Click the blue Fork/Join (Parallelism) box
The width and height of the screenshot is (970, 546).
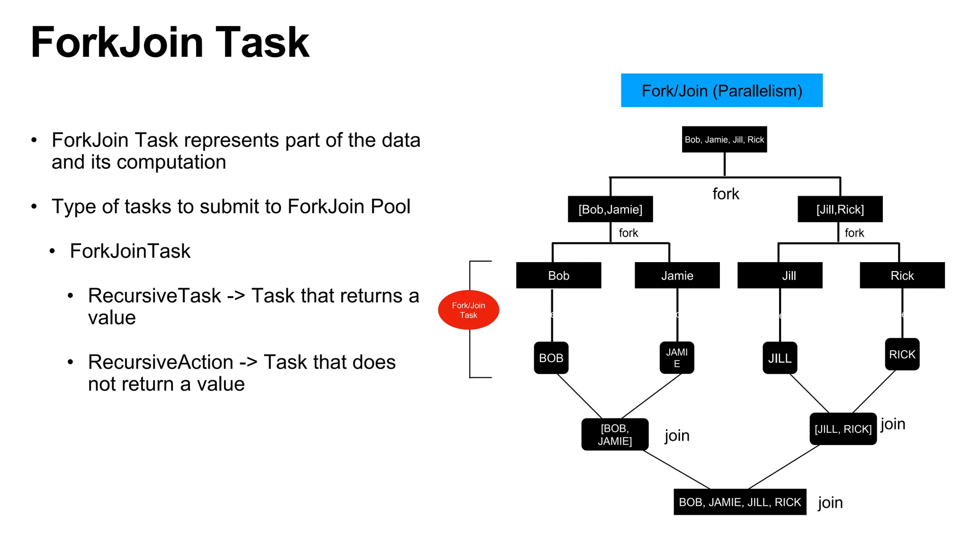click(x=721, y=90)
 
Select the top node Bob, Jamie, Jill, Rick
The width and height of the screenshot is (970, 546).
click(x=724, y=139)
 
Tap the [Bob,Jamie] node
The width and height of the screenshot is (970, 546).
click(x=610, y=209)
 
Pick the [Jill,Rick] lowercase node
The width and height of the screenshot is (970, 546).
click(x=840, y=209)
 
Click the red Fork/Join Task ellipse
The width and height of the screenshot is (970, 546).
click(x=468, y=310)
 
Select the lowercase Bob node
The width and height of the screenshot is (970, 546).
click(x=558, y=275)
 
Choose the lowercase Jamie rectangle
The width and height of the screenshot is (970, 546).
click(x=677, y=275)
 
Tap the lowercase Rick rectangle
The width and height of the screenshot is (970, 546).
click(x=902, y=275)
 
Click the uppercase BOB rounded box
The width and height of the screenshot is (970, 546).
click(x=551, y=358)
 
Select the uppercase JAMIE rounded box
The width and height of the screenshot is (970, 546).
click(x=677, y=358)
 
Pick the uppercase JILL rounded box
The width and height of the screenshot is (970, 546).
click(x=780, y=358)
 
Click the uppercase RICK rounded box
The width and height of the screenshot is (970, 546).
click(x=902, y=354)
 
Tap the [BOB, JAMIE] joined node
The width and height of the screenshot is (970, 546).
click(x=615, y=435)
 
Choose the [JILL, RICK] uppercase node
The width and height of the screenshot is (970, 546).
click(x=843, y=429)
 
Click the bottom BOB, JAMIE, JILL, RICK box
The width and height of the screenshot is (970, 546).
click(x=740, y=502)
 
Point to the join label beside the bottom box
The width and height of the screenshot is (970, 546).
click(x=830, y=502)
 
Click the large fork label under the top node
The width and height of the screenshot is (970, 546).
click(x=726, y=194)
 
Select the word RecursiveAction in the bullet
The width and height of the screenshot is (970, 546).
click(x=161, y=362)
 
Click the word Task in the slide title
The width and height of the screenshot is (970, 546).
click(x=262, y=43)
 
